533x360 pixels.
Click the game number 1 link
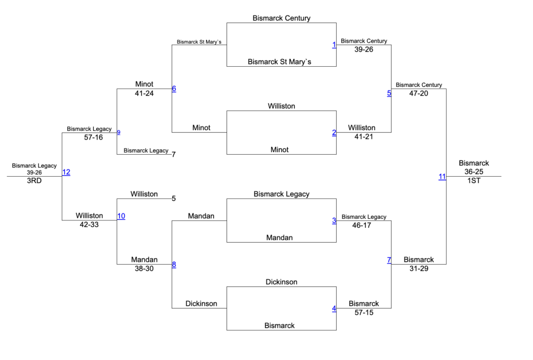pos(334,45)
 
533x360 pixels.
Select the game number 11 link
pos(442,177)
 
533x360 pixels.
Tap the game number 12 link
pos(66,172)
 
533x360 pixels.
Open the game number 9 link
pos(119,132)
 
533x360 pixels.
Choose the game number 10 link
pos(121,216)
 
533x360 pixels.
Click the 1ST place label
pos(474,180)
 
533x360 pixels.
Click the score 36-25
pos(474,171)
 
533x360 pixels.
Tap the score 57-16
pos(89,138)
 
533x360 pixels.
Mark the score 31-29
pos(418,268)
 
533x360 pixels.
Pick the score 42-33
pos(89,225)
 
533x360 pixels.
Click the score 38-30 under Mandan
pos(144,268)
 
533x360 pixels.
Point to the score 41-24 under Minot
pos(144,93)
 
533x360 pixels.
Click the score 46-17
pos(364,225)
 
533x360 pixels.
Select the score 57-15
pos(364,313)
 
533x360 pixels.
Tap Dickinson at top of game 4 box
pos(281,282)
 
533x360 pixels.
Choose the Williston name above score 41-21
pos(362,128)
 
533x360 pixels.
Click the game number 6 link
pos(174,89)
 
